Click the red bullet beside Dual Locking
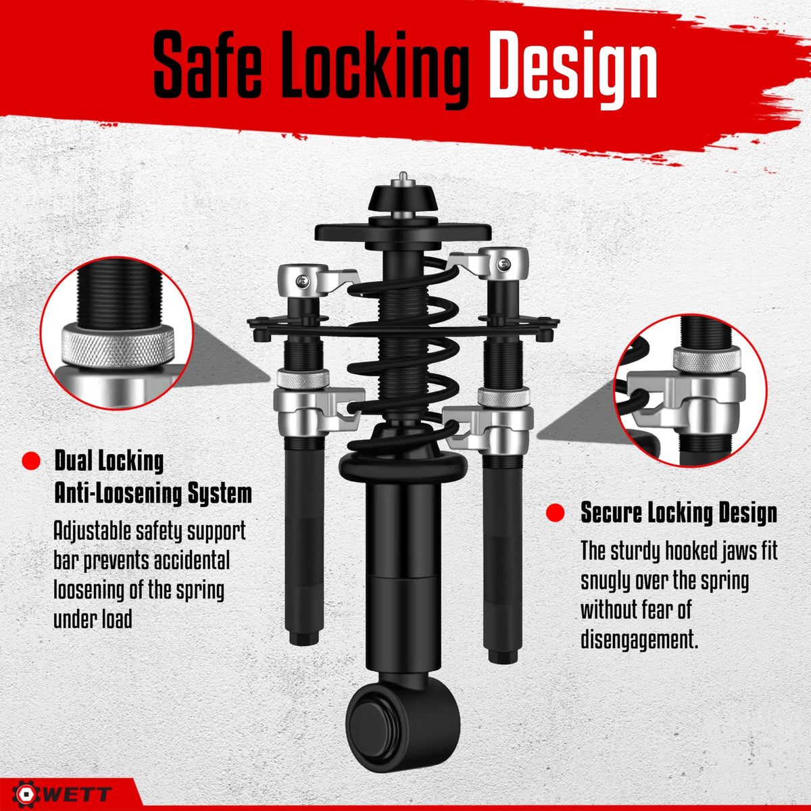[30, 462]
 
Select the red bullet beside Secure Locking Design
[555, 512]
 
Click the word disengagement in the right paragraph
[639, 640]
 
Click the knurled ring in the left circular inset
[118, 346]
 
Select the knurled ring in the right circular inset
[707, 360]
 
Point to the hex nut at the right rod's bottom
[503, 656]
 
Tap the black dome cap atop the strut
[403, 198]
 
